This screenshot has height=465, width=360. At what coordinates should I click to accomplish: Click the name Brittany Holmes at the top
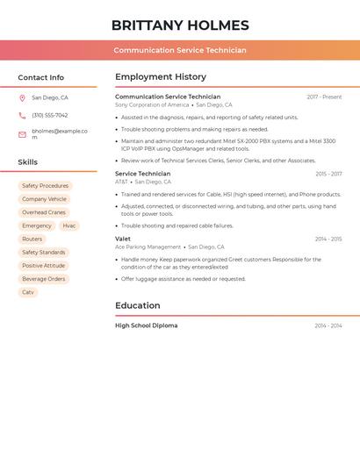180,25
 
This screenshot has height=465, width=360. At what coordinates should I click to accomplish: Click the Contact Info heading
40,77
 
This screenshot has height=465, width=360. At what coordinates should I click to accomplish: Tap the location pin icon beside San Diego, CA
22,98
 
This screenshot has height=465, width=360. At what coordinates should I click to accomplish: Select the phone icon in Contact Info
22,115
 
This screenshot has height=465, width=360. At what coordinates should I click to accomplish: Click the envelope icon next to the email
22,134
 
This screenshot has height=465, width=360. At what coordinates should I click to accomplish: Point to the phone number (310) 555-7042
49,115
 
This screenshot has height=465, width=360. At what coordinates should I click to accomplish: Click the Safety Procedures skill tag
45,186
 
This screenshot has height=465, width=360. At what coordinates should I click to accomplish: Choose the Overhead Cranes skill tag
44,212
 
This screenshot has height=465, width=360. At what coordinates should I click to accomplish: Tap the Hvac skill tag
69,225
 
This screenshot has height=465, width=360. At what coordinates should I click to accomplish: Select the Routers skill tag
32,239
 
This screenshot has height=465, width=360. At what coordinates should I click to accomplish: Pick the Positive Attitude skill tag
43,266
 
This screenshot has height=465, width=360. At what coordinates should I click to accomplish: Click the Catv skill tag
28,292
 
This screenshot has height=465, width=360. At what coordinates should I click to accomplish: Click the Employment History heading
160,77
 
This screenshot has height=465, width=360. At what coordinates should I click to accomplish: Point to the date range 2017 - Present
324,97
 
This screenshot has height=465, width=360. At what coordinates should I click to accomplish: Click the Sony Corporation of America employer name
152,105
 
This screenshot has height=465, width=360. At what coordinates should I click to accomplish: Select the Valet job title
123,239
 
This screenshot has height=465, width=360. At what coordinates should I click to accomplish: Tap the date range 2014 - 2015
328,239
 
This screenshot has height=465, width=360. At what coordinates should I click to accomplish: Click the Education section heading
138,305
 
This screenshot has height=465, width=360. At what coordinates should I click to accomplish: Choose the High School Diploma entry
146,325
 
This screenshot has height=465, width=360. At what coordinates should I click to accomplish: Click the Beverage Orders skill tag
44,279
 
